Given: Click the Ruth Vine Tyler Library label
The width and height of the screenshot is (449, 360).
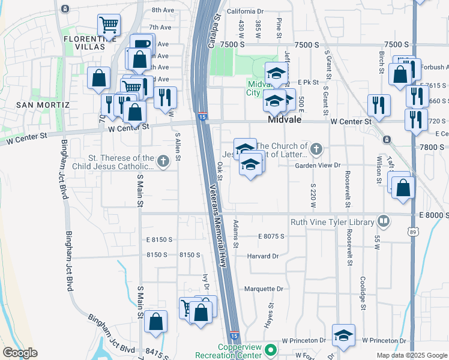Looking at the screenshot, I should click(x=332, y=223).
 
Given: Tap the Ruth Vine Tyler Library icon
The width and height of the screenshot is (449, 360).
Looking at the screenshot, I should click(x=383, y=222).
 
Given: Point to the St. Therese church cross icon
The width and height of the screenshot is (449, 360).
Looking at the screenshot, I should click(x=163, y=161).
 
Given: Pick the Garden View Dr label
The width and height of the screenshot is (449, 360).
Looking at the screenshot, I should click(x=318, y=165).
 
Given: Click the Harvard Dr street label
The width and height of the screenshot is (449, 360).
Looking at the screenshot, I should click(x=263, y=256).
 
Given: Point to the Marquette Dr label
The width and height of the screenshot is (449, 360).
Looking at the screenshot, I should click(x=264, y=289).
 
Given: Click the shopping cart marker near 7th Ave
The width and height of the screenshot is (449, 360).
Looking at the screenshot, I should click(x=109, y=25).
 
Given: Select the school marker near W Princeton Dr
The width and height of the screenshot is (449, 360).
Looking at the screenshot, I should click(x=343, y=335).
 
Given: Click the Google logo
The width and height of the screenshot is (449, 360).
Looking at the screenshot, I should click(x=19, y=353).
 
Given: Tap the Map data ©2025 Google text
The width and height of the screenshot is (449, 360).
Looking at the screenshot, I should click(x=411, y=355).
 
